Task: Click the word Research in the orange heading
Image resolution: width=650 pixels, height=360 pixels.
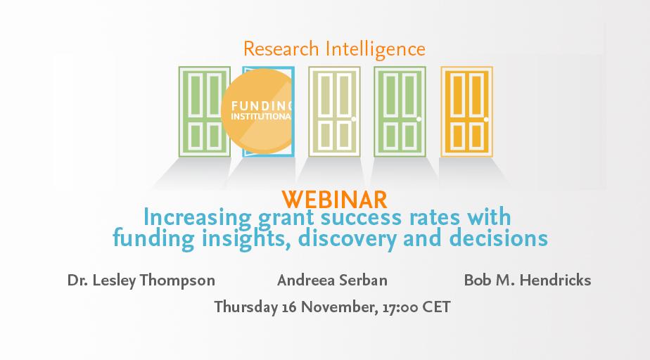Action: coord(281,49)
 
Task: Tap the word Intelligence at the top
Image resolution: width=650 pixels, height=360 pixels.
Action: coord(376,50)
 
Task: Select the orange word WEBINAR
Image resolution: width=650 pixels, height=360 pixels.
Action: coord(335,200)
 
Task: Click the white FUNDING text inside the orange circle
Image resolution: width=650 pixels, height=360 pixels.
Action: coord(262,106)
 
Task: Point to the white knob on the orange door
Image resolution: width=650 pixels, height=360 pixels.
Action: coord(486,120)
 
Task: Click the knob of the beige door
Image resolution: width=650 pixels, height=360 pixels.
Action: coord(354,120)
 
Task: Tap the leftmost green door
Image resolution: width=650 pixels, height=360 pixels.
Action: coord(204,112)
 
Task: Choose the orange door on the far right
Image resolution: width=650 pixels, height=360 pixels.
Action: coord(467,112)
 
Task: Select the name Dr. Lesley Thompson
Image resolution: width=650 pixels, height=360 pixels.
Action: coord(141,281)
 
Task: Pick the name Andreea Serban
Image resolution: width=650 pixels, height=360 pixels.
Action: coord(332,280)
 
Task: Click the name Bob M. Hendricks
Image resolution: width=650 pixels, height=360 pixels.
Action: coord(528,280)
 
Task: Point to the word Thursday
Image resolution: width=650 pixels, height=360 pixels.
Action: coord(246,307)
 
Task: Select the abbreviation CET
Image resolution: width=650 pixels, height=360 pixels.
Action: coord(436,307)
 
